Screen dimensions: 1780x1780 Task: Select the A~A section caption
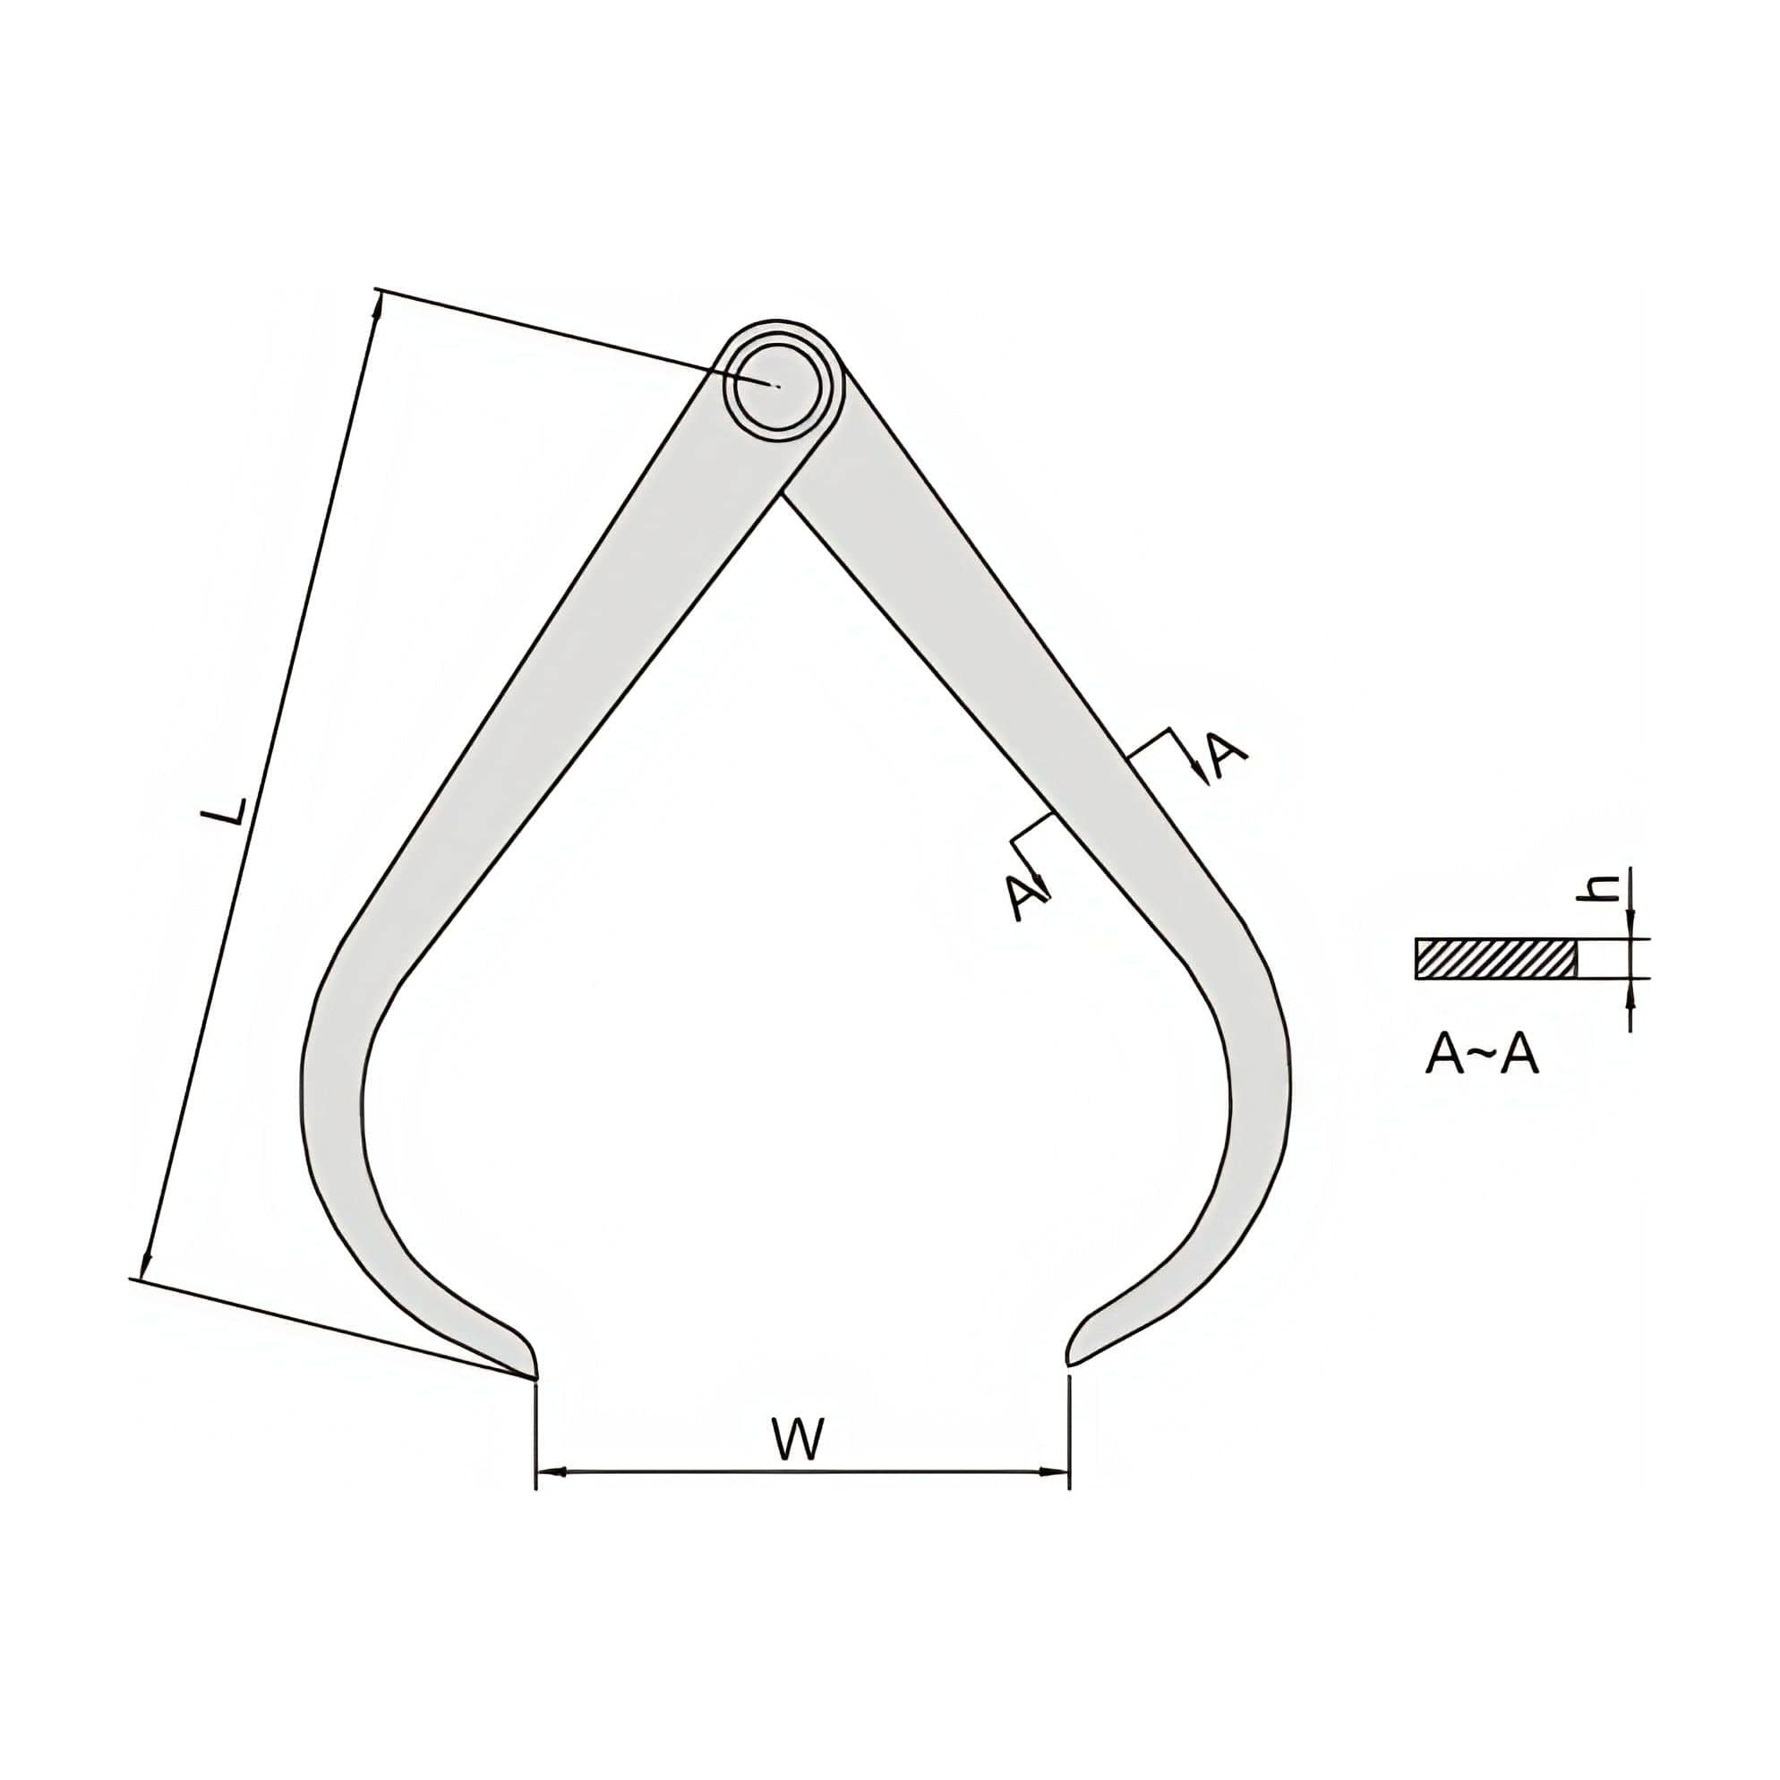coord(1482,1056)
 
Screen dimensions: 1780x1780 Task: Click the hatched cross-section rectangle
coord(1496,959)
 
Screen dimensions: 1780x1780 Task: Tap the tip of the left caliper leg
coord(535,1378)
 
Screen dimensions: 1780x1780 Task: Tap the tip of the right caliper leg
coord(1068,1363)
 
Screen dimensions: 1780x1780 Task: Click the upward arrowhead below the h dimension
coord(1630,988)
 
